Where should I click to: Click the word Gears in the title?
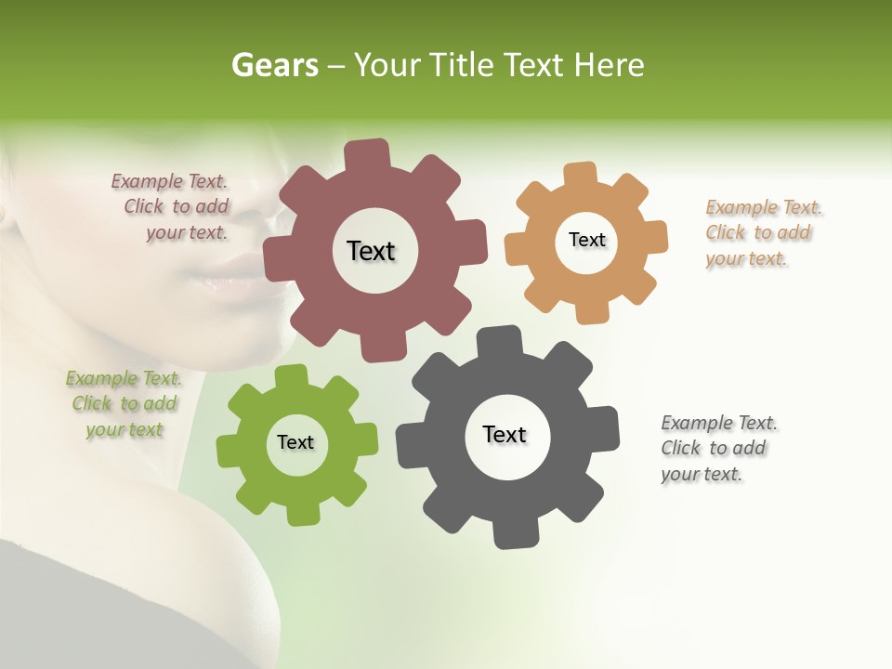click(x=274, y=65)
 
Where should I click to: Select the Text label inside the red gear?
click(x=371, y=251)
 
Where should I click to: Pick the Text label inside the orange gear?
click(x=586, y=240)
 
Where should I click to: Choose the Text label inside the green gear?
click(x=295, y=442)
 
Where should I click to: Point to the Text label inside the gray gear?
click(x=505, y=434)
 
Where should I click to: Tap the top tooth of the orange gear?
click(x=581, y=175)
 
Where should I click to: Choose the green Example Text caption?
click(x=124, y=404)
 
